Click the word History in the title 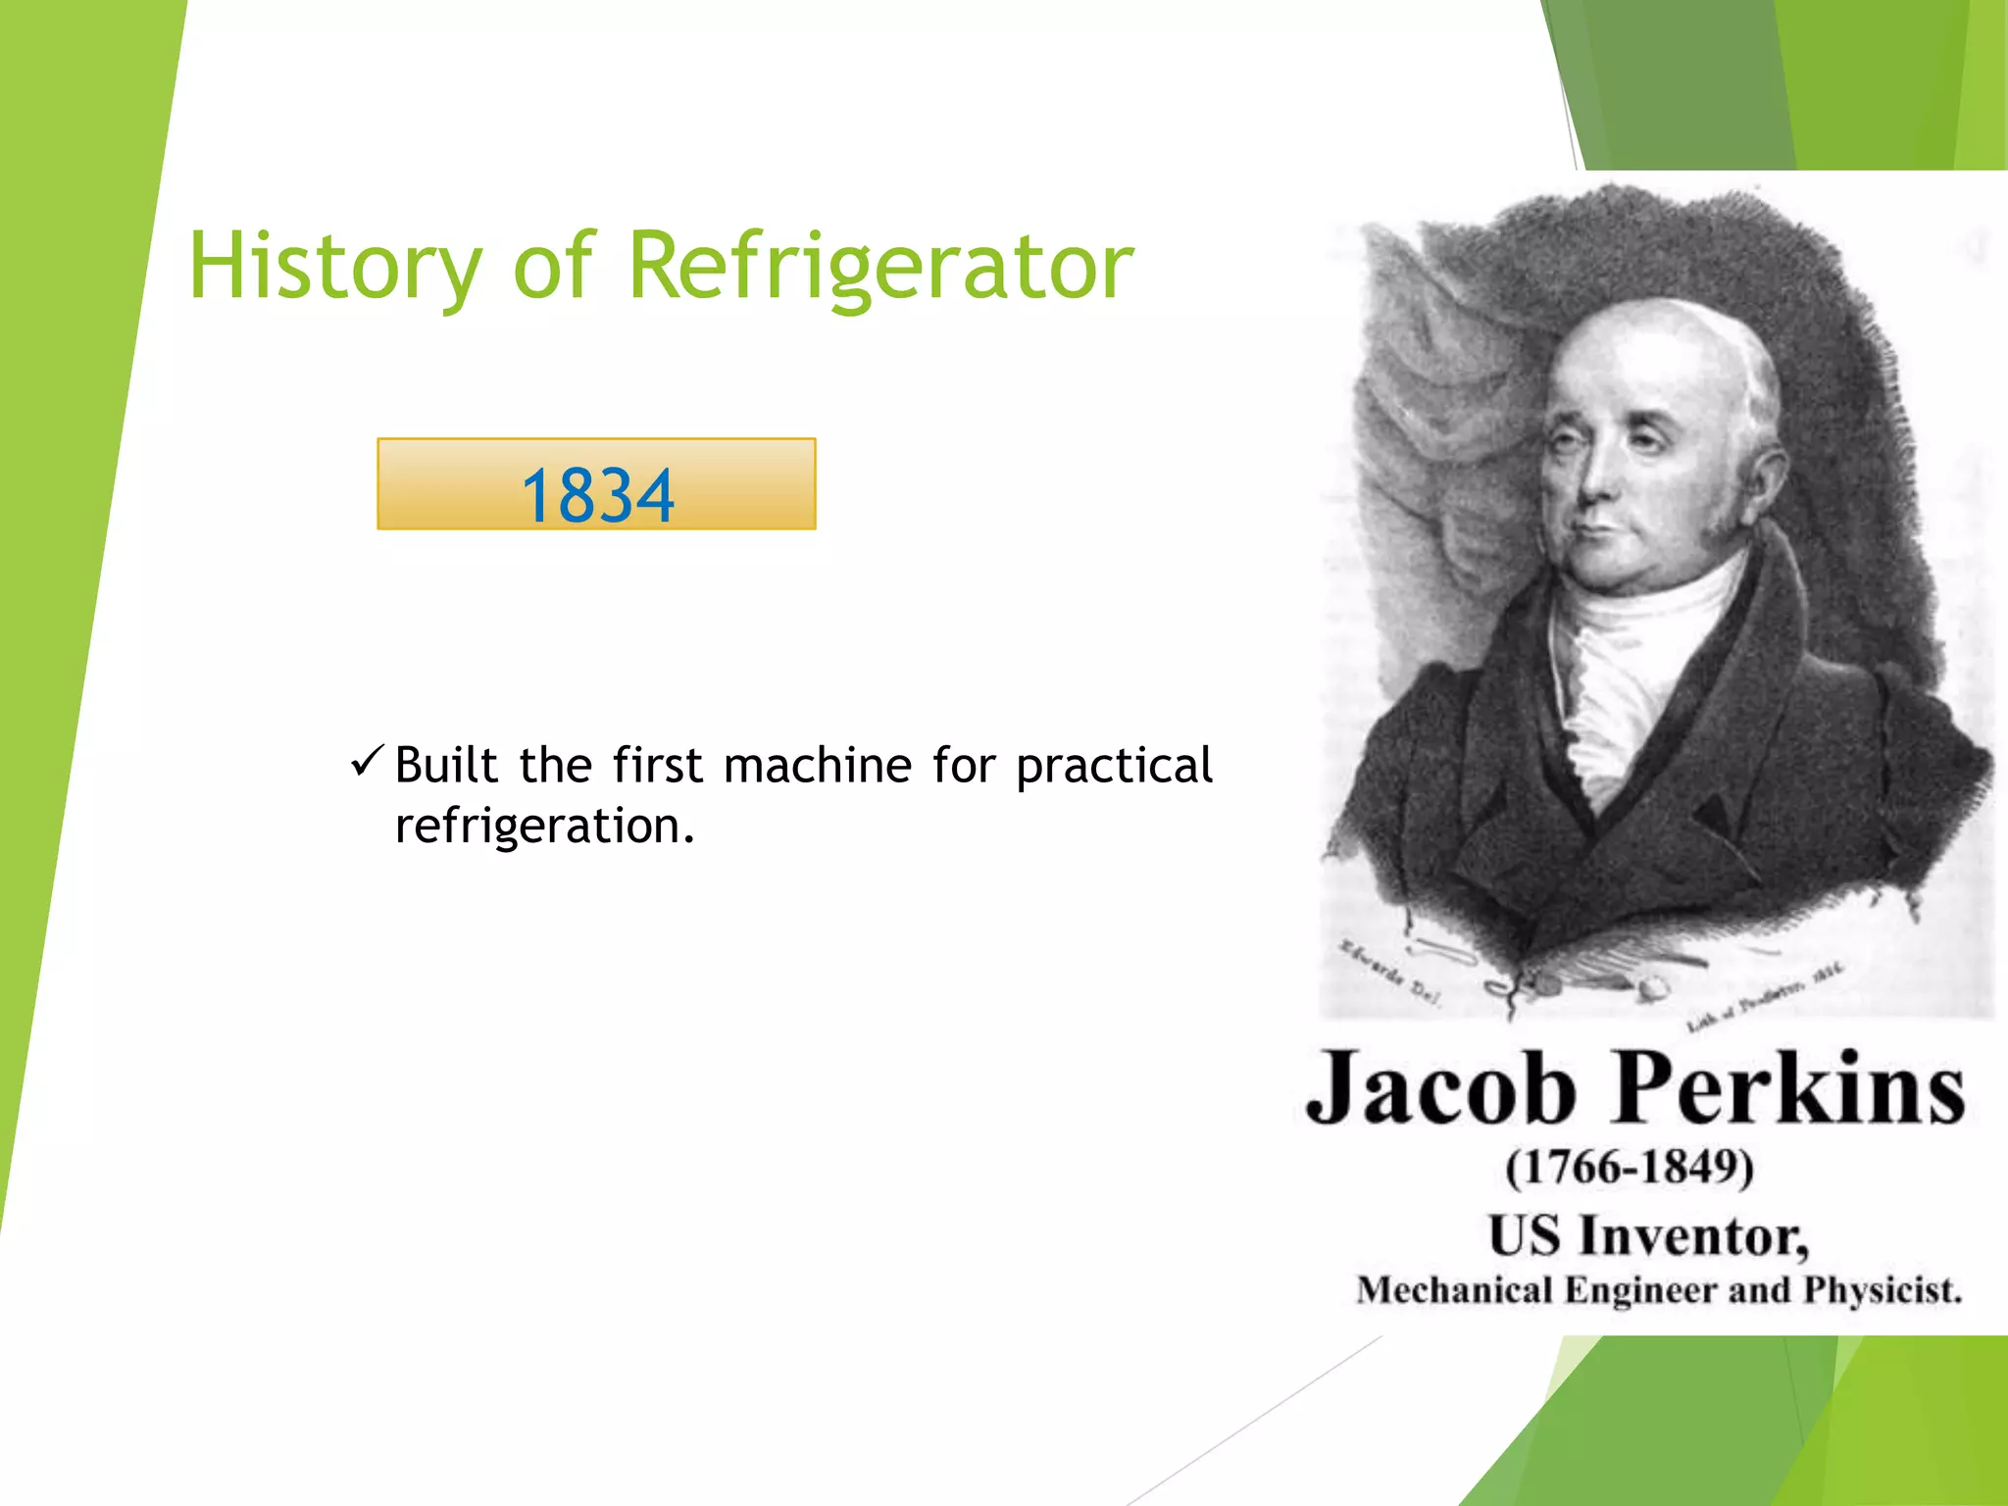[334, 267]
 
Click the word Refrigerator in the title [879, 267]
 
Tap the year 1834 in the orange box [597, 494]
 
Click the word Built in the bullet [446, 765]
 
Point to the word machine [818, 765]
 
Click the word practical [1114, 767]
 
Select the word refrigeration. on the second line [544, 826]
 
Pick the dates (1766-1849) [1630, 1167]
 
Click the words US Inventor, [1647, 1235]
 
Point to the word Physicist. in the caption [1882, 1290]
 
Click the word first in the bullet [658, 765]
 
